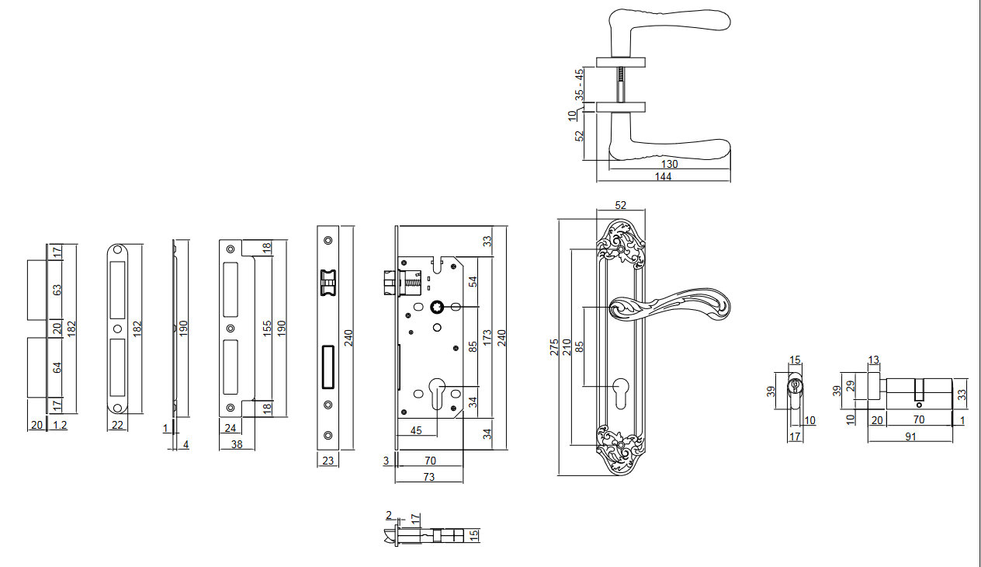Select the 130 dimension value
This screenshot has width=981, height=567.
click(669, 164)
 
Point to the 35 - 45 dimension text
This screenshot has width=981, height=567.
click(578, 84)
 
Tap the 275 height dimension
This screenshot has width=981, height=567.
click(554, 346)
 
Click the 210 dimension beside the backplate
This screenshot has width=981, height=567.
click(567, 346)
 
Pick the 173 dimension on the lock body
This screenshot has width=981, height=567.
click(487, 338)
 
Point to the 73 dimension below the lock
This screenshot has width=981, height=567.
click(429, 477)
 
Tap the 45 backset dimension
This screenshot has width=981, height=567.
click(416, 430)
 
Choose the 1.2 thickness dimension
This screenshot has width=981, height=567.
click(59, 425)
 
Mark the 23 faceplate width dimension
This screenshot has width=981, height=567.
click(328, 461)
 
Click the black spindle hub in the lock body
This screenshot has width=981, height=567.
click(436, 307)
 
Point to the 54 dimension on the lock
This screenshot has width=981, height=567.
click(473, 282)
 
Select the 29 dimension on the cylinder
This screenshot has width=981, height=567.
click(852, 385)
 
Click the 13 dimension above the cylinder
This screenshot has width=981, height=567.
click(874, 360)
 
